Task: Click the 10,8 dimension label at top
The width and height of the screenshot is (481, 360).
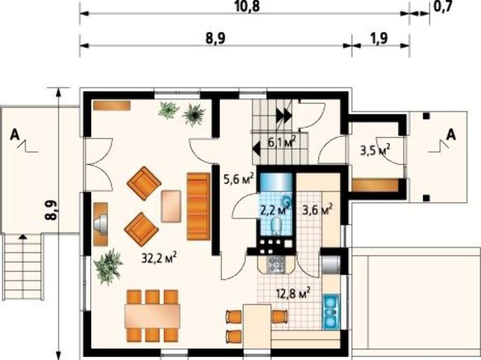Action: (x=247, y=6)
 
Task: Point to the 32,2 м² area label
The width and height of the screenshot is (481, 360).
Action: (x=159, y=258)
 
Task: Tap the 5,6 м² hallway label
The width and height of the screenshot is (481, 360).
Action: (x=239, y=179)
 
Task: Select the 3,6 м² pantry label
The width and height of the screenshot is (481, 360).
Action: (x=317, y=210)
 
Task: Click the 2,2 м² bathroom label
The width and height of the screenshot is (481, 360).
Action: (x=275, y=210)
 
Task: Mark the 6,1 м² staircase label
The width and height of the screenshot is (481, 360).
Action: (x=282, y=142)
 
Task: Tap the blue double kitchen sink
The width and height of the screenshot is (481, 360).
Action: (x=331, y=311)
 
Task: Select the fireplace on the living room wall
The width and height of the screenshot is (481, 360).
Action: (x=101, y=224)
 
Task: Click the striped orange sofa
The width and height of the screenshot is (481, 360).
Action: (x=199, y=206)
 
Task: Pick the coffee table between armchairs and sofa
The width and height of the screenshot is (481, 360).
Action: (x=171, y=206)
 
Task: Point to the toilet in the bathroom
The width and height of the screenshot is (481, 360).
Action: (x=277, y=226)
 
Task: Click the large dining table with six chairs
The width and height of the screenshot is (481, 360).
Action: (x=152, y=316)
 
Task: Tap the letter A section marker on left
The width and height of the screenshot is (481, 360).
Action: (x=14, y=135)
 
